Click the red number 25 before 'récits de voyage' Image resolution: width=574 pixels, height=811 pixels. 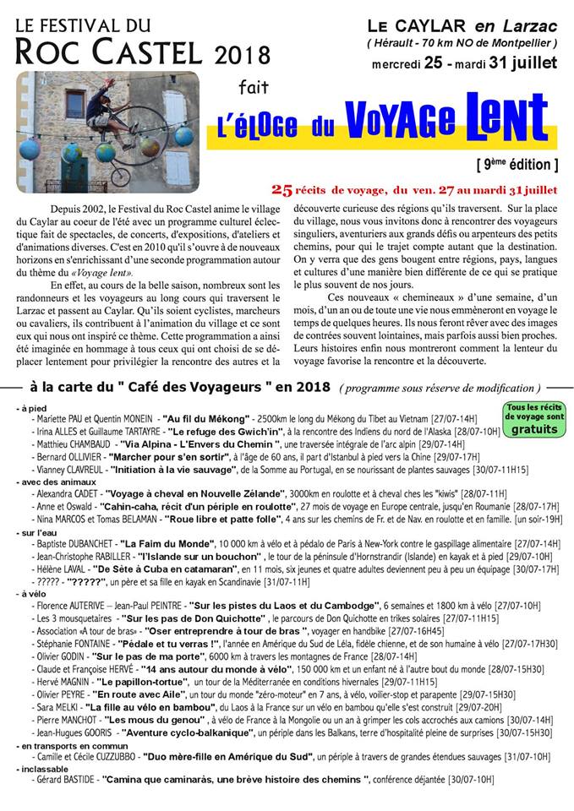[x=282, y=188]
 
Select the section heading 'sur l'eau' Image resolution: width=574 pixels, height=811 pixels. [x=41, y=533]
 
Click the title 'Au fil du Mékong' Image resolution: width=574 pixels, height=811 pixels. [x=206, y=418]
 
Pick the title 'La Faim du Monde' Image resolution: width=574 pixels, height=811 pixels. [x=164, y=545]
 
